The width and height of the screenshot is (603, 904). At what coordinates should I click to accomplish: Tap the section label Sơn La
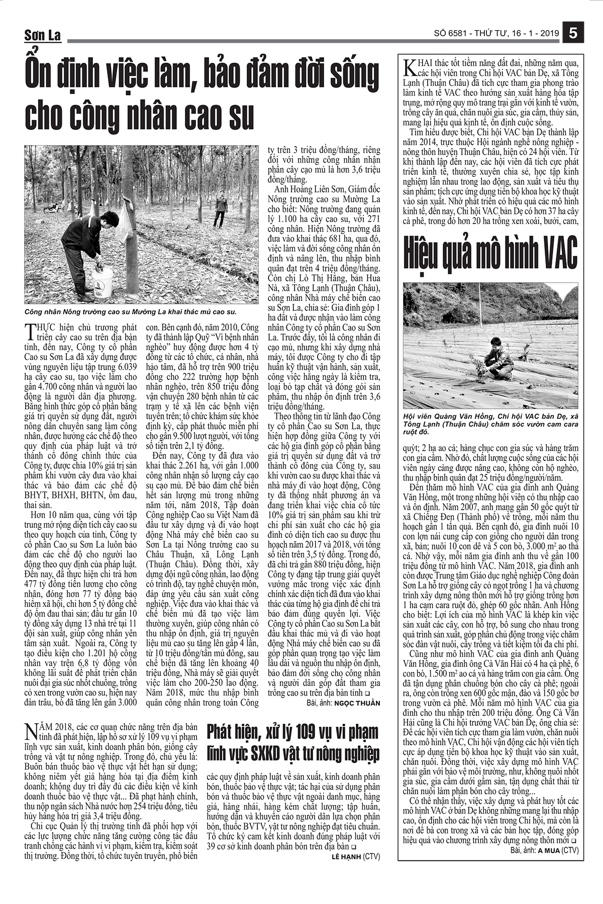pyautogui.click(x=43, y=35)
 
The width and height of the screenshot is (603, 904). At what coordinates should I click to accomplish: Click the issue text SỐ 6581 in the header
pyautogui.click(x=452, y=34)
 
